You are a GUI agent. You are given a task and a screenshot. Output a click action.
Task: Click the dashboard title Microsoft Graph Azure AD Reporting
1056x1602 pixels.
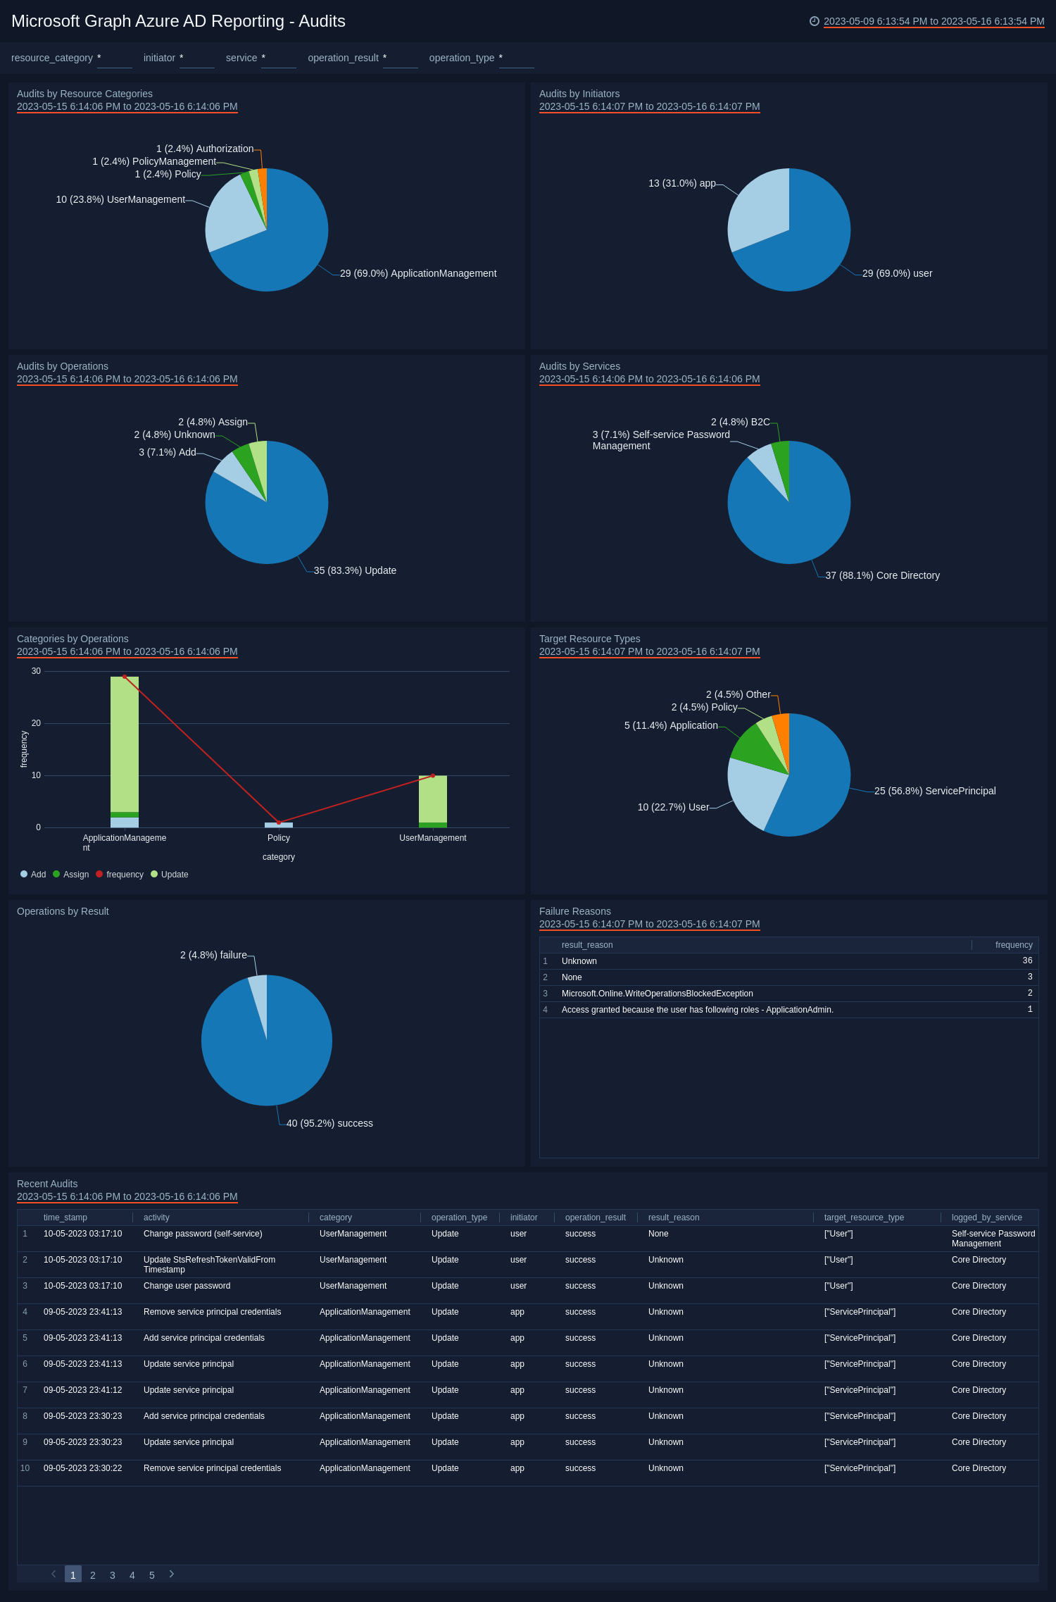[x=178, y=21]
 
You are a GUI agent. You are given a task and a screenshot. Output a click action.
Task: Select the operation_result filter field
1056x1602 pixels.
[x=400, y=58]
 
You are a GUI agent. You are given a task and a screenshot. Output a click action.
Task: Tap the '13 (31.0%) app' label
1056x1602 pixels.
[x=681, y=183]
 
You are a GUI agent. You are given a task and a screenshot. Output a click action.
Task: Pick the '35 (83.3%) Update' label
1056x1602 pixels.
[x=355, y=570]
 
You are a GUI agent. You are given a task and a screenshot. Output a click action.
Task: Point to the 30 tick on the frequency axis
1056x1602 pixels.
[x=36, y=671]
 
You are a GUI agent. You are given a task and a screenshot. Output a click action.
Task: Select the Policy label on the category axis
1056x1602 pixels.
[x=279, y=838]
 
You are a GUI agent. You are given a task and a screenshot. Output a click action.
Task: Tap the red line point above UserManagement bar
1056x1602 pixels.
[x=432, y=775]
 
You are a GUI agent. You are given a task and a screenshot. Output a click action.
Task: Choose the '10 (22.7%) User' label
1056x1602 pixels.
[x=673, y=807]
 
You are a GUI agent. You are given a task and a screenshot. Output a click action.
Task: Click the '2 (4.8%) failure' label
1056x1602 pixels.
[x=213, y=955]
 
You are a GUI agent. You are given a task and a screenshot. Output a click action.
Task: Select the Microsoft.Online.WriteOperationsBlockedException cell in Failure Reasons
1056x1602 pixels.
[x=657, y=994]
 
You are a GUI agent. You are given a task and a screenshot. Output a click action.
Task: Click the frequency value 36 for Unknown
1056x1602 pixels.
[x=1027, y=960]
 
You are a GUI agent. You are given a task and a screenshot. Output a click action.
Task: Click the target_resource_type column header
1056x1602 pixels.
[x=864, y=1218]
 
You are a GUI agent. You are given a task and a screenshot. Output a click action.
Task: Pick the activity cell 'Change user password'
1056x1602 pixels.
[x=187, y=1286]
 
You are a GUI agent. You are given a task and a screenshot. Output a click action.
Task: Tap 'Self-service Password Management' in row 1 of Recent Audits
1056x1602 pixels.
[x=993, y=1239]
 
